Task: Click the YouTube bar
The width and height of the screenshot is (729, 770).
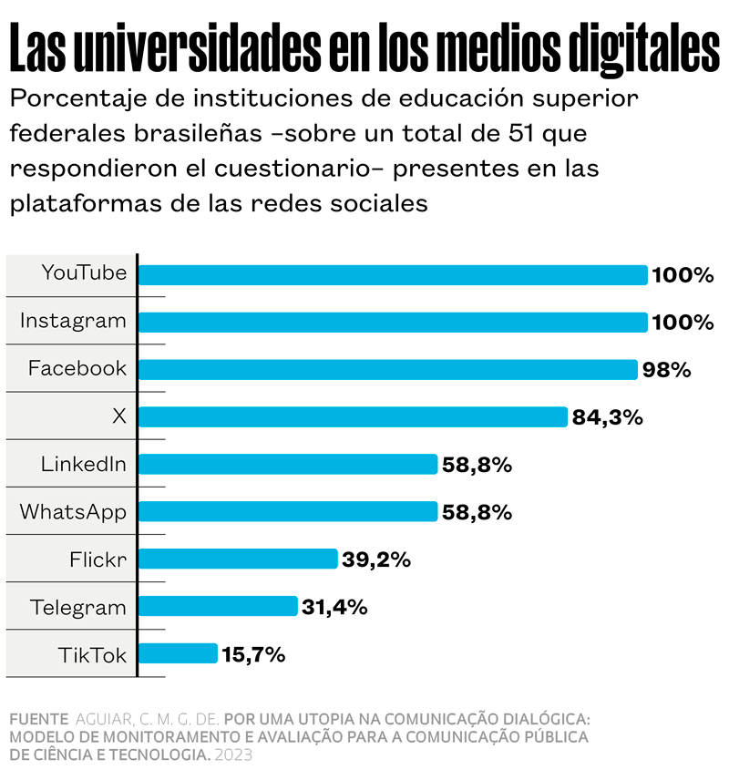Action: (392, 275)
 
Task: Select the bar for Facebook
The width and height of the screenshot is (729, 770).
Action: (387, 369)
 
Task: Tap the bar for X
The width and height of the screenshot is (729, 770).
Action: (353, 416)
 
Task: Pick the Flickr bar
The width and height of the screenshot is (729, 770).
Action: (238, 559)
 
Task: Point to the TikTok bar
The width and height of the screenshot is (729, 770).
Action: (178, 653)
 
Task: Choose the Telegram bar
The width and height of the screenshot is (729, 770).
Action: (218, 606)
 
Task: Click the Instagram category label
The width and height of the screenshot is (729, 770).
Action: (73, 321)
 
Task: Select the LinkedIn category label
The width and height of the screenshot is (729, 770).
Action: (83, 464)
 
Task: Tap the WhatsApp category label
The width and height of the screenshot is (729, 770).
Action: (73, 511)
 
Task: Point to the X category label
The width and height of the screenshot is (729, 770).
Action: (118, 416)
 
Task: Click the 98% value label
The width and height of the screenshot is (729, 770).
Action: (666, 370)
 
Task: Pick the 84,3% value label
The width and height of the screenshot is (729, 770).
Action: (608, 417)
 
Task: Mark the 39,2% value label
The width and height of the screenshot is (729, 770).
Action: (376, 560)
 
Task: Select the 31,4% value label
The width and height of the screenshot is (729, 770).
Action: (334, 607)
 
